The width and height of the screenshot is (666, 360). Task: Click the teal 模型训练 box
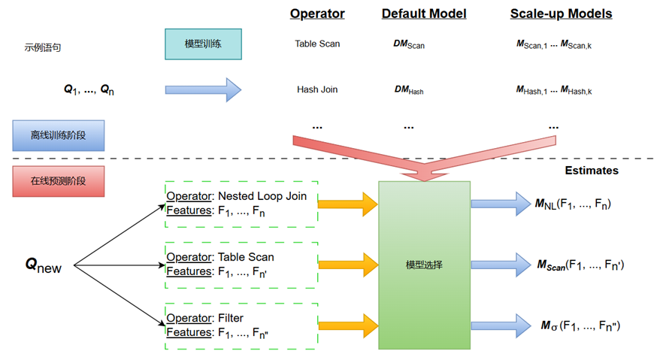203,44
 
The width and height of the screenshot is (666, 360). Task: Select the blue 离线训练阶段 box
58,135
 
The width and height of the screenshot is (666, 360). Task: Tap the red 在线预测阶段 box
58,181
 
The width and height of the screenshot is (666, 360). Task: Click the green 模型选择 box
424,265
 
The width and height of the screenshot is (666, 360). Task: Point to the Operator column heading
317,14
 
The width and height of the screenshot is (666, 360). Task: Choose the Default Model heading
424,14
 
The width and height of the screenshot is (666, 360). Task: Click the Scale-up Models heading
561,14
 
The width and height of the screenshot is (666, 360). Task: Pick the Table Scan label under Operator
317,44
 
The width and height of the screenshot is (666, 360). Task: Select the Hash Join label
317,89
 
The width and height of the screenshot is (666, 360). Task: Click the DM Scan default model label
409,44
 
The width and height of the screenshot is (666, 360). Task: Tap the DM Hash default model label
409,90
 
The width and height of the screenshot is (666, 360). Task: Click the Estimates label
592,171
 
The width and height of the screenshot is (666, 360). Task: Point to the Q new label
44,265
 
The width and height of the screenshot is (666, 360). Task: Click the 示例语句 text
43,47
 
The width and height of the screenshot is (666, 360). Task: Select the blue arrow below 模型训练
203,89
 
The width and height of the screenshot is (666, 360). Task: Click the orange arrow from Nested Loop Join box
348,204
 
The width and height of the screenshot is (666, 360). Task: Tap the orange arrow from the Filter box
348,326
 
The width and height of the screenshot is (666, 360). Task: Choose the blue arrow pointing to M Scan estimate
501,265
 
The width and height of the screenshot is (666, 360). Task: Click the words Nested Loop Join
262,196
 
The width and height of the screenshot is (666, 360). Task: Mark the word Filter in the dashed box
231,318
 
